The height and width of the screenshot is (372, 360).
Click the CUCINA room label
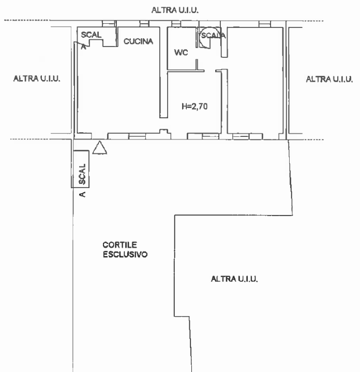pos(138,42)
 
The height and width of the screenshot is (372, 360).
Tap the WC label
pos(181,52)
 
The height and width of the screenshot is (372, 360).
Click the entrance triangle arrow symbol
pos(100,148)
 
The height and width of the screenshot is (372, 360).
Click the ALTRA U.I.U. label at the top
pos(175,10)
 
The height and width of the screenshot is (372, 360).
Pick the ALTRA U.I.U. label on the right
pos(329,79)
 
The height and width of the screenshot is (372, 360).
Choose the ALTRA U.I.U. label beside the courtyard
pos(234,279)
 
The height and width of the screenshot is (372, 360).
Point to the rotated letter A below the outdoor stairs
pos(82,195)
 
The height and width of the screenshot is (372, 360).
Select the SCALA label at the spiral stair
pos(213,35)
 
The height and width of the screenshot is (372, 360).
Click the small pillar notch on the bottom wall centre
pos(163,131)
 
